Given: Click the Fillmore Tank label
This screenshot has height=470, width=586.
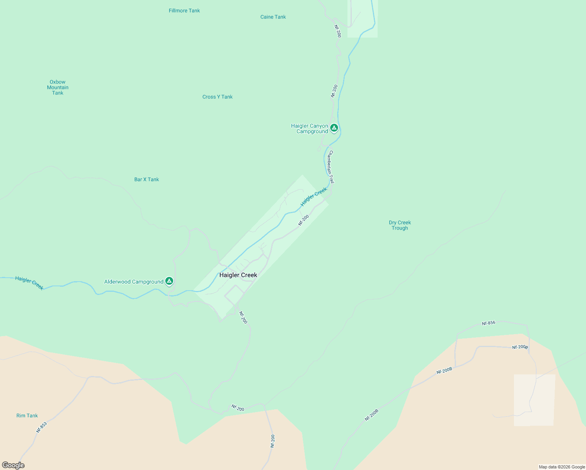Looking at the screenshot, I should point(184,11).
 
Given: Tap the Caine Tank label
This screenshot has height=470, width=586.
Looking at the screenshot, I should point(273,17).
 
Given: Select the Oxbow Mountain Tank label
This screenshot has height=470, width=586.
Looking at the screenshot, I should point(58,87).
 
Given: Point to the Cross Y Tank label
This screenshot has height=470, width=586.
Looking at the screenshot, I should point(217,97).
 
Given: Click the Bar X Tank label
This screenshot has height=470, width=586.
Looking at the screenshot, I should point(146,179).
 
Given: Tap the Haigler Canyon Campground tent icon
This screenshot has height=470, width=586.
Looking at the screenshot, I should point(334,128).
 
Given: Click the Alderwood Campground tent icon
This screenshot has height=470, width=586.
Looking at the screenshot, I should point(169,281).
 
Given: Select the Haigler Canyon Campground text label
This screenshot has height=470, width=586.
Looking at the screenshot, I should point(310,128).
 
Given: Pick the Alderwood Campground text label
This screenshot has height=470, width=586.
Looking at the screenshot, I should point(134,282).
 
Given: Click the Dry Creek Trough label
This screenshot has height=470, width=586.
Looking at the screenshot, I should point(400,225).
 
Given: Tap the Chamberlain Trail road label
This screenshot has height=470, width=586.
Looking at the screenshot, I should point(331,167).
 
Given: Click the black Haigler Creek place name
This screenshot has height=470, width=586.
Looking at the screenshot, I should point(238,275).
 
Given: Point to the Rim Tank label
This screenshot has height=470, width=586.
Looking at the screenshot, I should point(27,416).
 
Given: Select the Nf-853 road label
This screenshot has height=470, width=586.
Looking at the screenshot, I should point(41,427).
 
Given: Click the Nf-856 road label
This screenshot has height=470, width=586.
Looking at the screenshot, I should point(488,323).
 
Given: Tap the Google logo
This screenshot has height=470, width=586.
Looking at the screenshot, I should point(13,465).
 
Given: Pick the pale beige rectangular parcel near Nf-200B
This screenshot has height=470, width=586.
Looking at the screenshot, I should point(534,400).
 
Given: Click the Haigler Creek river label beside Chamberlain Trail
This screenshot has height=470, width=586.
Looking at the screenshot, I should point(314,197).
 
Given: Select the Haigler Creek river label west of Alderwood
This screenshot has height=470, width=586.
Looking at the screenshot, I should point(29,283).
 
